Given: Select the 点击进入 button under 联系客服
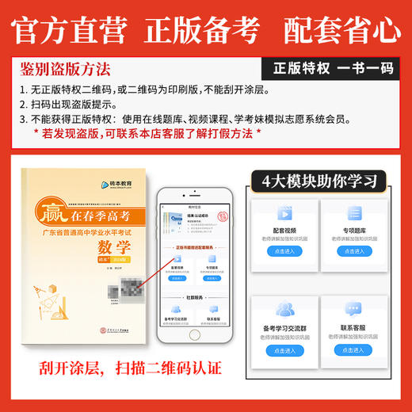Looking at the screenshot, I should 358,349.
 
